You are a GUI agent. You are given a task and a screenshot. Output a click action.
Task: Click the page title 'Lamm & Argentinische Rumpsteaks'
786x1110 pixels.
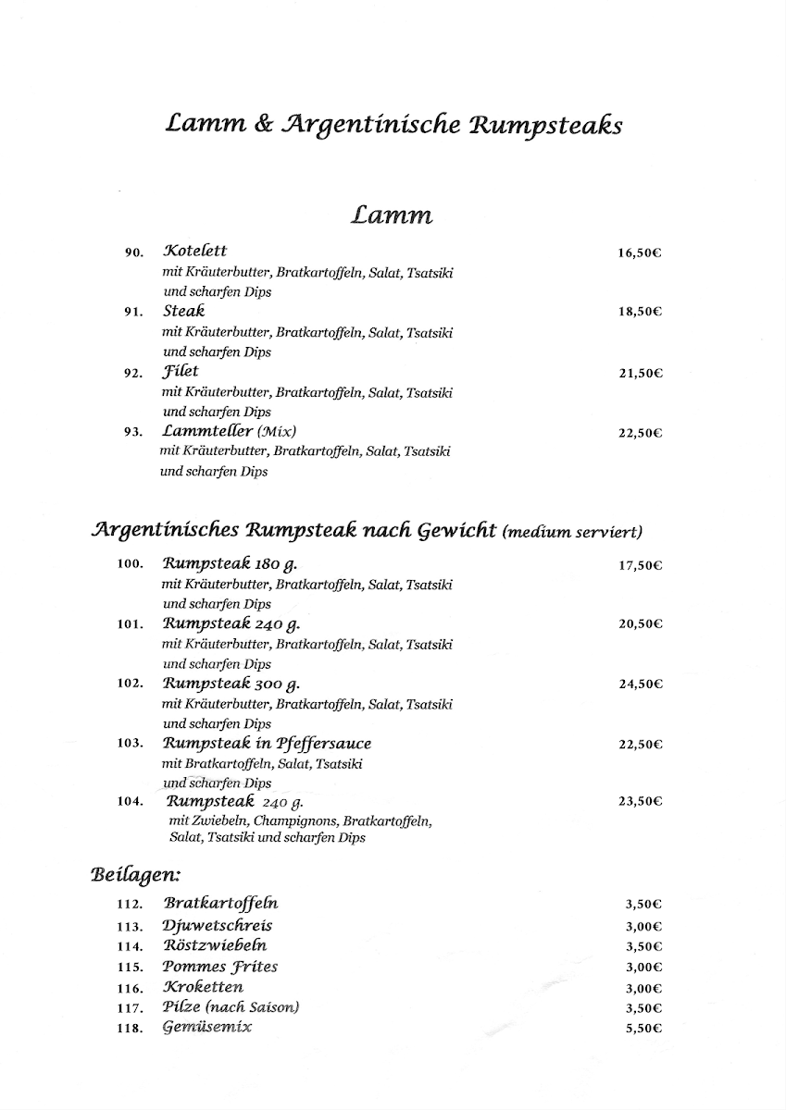point(393,125)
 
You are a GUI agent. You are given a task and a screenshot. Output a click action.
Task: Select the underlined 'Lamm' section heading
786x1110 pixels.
point(392,216)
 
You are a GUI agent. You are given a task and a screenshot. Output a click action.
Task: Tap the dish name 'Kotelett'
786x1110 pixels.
point(195,251)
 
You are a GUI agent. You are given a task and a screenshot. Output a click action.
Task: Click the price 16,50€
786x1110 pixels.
point(640,253)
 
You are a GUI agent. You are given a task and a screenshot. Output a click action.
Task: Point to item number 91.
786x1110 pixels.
point(132,313)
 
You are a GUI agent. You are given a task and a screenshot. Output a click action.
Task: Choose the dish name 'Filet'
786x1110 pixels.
point(181,372)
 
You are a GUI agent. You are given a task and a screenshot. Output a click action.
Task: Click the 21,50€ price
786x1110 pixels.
point(640,374)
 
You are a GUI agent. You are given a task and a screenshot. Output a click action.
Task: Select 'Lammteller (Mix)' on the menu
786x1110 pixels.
point(230,431)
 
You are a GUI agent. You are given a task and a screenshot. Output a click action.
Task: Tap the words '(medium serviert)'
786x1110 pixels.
point(572,531)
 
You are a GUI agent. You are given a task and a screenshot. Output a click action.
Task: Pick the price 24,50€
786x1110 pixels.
point(640,684)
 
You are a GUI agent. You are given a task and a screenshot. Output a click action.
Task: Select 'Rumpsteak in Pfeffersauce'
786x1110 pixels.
point(267,743)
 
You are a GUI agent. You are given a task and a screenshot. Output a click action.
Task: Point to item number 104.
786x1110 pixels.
point(130,802)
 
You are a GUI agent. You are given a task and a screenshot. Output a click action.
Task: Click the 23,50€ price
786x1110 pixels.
point(640,803)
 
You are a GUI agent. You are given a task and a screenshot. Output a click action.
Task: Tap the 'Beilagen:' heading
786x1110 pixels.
point(135,872)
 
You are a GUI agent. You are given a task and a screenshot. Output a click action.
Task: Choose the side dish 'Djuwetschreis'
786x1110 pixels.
point(218,925)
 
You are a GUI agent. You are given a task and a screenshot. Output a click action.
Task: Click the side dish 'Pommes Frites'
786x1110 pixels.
point(220,967)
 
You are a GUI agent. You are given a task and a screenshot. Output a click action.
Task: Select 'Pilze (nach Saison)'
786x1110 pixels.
point(231,1007)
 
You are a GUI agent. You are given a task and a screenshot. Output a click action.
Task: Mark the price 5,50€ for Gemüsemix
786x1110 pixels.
point(643,1029)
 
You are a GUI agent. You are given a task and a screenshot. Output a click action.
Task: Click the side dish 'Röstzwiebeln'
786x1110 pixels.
point(215,945)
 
